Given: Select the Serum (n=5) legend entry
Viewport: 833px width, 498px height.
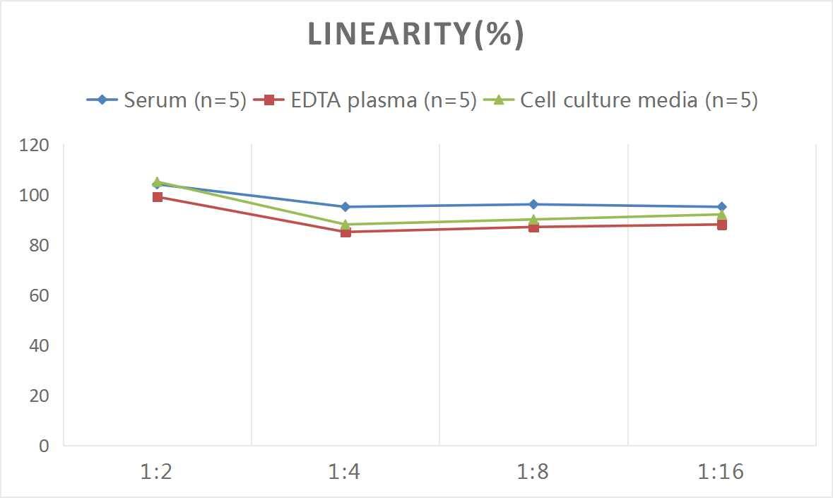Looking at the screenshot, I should click(166, 100).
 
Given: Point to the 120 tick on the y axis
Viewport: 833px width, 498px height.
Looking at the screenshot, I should click(35, 146).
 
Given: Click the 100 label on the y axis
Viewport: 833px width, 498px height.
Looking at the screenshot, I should click(35, 196).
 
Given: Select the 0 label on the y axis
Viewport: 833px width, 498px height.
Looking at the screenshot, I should click(44, 446).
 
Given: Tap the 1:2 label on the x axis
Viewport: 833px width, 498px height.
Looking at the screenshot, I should click(157, 472).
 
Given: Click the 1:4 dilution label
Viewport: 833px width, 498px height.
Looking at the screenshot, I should click(345, 472).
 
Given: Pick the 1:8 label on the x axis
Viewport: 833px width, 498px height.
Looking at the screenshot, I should click(533, 472).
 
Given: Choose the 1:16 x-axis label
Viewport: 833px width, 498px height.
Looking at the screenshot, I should click(721, 472).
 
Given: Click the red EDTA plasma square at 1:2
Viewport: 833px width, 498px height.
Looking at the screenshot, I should click(158, 197).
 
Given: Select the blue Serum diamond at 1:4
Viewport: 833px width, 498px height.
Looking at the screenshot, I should click(345, 207).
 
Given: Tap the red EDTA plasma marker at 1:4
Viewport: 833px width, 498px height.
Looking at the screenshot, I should click(345, 232).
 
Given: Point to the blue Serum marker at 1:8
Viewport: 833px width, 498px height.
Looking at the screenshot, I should click(533, 204).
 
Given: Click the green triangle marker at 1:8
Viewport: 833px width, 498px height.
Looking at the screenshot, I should click(533, 219).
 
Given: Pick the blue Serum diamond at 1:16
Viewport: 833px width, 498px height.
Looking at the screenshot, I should click(721, 207).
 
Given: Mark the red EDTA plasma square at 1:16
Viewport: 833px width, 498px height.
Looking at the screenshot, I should click(721, 225).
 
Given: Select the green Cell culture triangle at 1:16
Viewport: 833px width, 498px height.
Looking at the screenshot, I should click(721, 214).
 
